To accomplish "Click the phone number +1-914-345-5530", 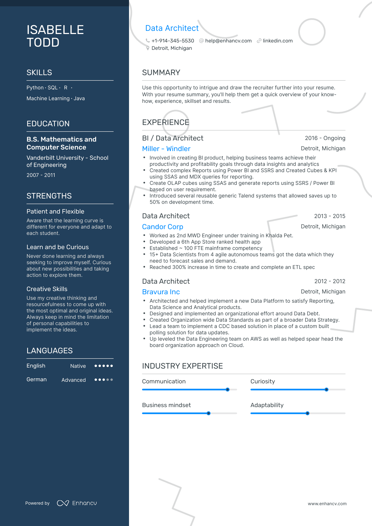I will pyautogui.click(x=173, y=41).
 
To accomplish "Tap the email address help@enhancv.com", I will pyautogui.click(x=228, y=41).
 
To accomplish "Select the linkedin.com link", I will pyautogui.click(x=278, y=41).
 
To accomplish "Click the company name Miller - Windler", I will pyautogui.click(x=166, y=149).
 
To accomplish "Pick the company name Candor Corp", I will pyautogui.click(x=163, y=227).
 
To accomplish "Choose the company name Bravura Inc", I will pyautogui.click(x=161, y=292).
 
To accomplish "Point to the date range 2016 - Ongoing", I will pyautogui.click(x=325, y=138).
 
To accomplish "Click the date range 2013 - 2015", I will pyautogui.click(x=330, y=216).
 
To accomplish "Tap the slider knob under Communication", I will pyautogui.click(x=228, y=390).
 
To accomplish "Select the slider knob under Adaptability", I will pyautogui.click(x=307, y=413).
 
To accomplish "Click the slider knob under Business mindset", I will pyautogui.click(x=209, y=413).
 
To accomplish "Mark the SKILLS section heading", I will pyautogui.click(x=39, y=73).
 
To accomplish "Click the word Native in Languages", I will pyautogui.click(x=78, y=366).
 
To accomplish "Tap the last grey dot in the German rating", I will pyautogui.click(x=112, y=380).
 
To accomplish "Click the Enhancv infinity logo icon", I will pyautogui.click(x=63, y=503).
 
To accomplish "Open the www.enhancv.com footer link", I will pyautogui.click(x=327, y=504).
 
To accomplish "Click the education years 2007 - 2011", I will pyautogui.click(x=41, y=175).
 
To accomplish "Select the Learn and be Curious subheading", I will pyautogui.click(x=58, y=247).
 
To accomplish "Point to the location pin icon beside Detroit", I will pyautogui.click(x=148, y=48).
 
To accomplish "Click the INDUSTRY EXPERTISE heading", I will pyautogui.click(x=182, y=366).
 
